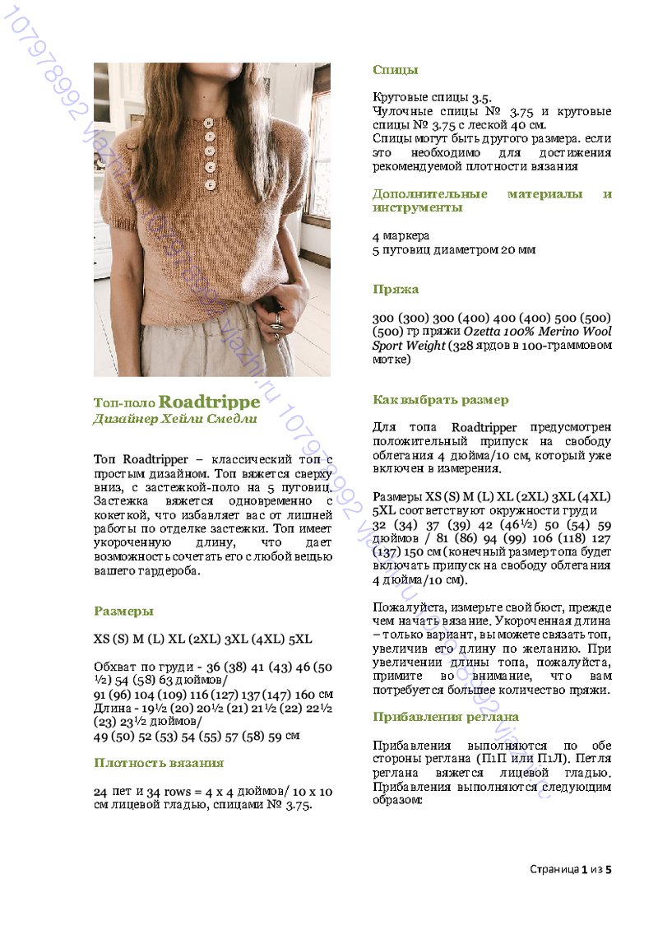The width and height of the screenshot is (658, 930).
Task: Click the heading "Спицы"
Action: click(x=395, y=70)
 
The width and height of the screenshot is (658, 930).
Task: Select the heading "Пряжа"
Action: click(x=396, y=289)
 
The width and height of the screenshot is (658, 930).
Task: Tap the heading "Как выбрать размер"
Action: click(x=440, y=400)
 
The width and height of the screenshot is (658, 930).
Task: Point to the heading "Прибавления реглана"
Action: click(x=445, y=716)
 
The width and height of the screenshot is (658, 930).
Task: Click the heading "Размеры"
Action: click(x=123, y=611)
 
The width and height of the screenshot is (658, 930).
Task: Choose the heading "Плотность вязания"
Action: click(x=159, y=763)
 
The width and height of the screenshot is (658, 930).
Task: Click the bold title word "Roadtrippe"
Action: click(x=209, y=402)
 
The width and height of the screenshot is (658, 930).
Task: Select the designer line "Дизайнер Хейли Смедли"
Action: click(x=175, y=419)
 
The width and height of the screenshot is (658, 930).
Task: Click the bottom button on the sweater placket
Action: click(x=210, y=185)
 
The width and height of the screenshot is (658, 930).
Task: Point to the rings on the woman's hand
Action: click(x=277, y=320)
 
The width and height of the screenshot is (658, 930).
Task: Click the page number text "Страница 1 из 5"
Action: click(x=571, y=869)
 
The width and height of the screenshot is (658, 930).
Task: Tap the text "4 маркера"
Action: click(x=401, y=235)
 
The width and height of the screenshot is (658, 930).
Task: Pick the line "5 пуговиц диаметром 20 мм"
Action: click(x=453, y=249)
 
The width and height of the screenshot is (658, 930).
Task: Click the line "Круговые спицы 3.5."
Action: click(x=432, y=97)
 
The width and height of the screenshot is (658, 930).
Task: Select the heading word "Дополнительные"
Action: click(x=428, y=194)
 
